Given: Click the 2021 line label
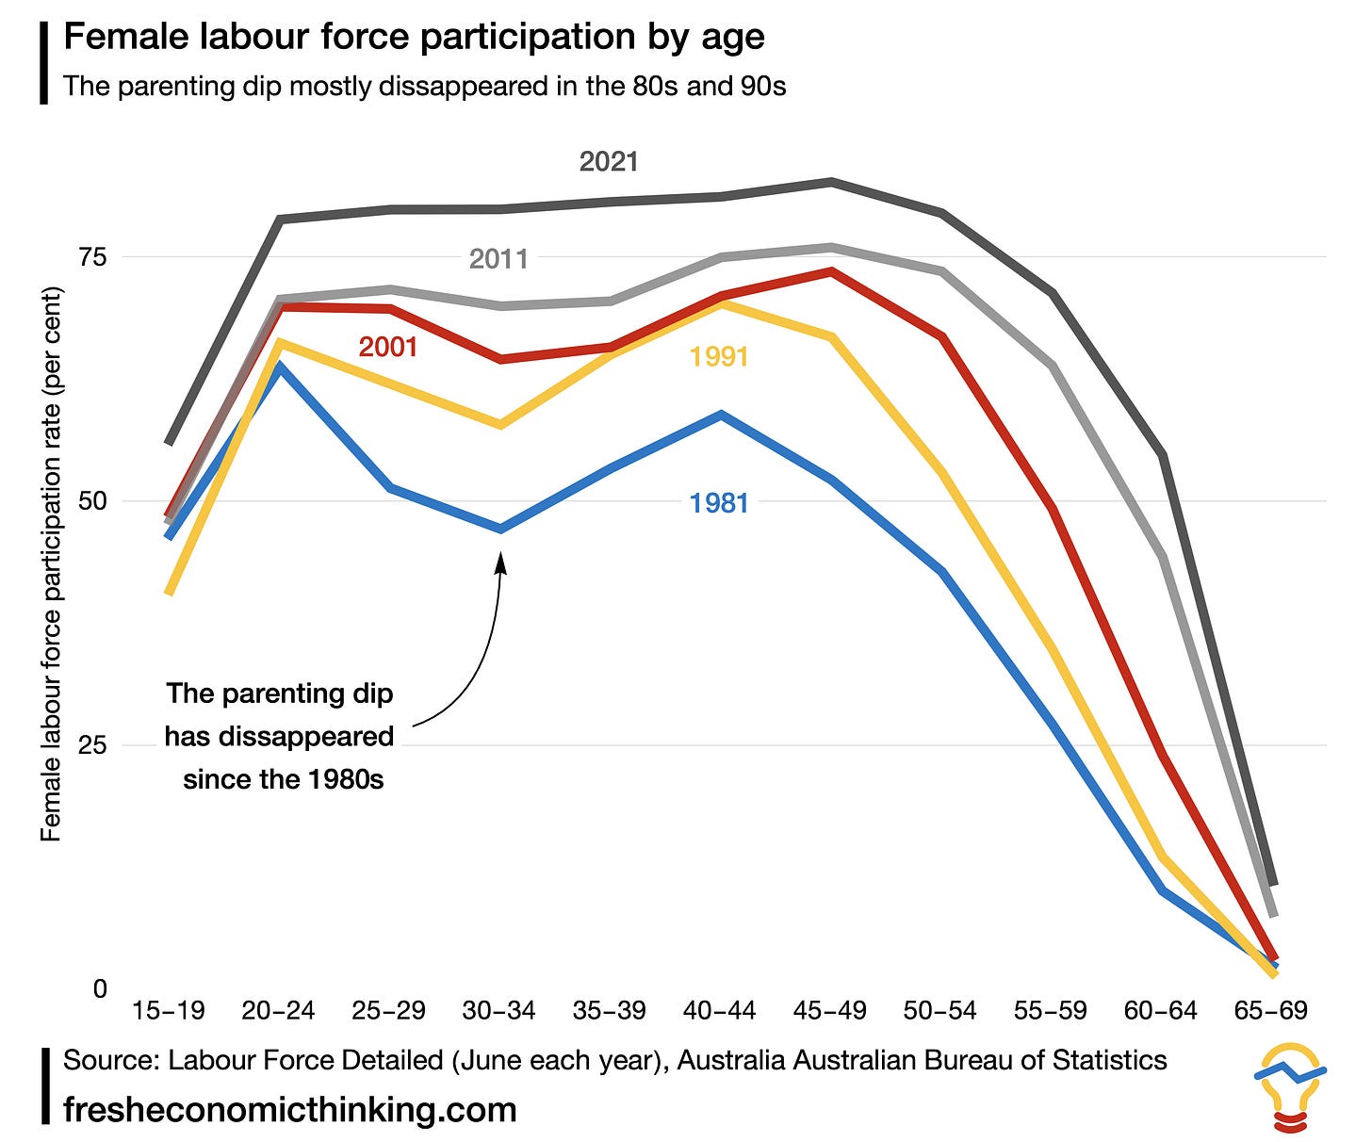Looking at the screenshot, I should (x=609, y=162).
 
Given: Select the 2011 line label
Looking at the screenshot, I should (x=498, y=259).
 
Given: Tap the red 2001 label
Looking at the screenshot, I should (x=388, y=348).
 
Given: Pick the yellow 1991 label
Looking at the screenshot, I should (x=718, y=357).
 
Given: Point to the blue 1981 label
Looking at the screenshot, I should (x=718, y=503).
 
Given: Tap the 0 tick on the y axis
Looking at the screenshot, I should (x=100, y=989).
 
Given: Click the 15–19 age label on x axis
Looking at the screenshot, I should (x=169, y=1011).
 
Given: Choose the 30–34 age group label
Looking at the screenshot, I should (x=498, y=1011).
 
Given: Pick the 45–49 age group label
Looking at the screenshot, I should (x=830, y=1011).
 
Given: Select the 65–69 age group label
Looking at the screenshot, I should (x=1271, y=1011).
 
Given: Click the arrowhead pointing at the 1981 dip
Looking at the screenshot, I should (x=500, y=562).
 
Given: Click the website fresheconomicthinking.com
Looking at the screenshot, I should (x=290, y=1109).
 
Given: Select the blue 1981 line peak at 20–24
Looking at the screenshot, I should (x=279, y=366).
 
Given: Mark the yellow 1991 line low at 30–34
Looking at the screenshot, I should (x=500, y=425).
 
